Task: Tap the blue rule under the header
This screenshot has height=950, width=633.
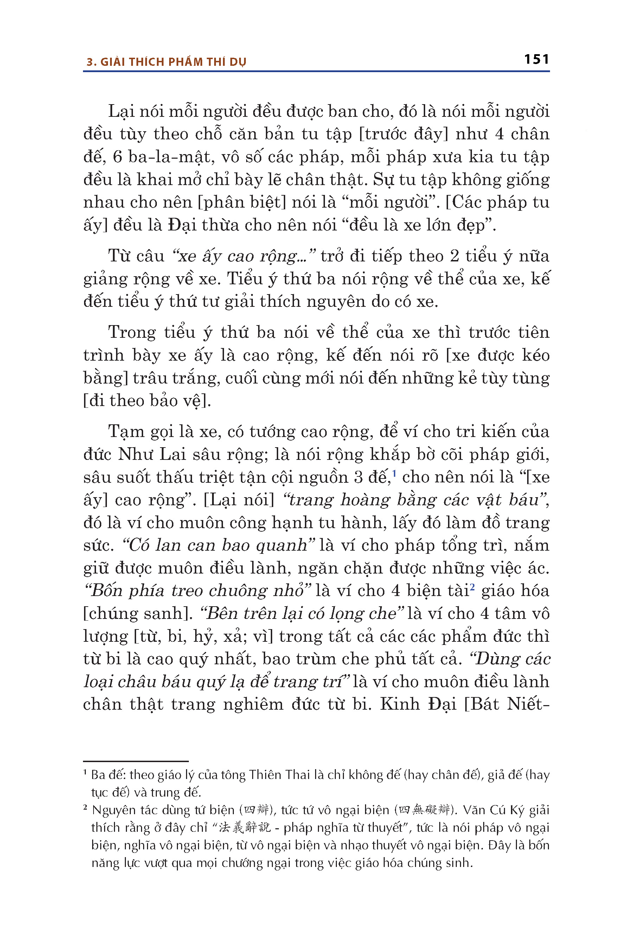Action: [x=316, y=71]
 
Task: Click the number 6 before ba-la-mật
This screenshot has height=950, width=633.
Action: [x=117, y=157]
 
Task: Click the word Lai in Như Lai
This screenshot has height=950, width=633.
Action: [x=172, y=454]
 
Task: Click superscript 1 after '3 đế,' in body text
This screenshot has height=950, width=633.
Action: [x=394, y=473]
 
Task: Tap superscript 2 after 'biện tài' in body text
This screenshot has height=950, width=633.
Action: [x=472, y=587]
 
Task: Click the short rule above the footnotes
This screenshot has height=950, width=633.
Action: [x=136, y=761]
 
